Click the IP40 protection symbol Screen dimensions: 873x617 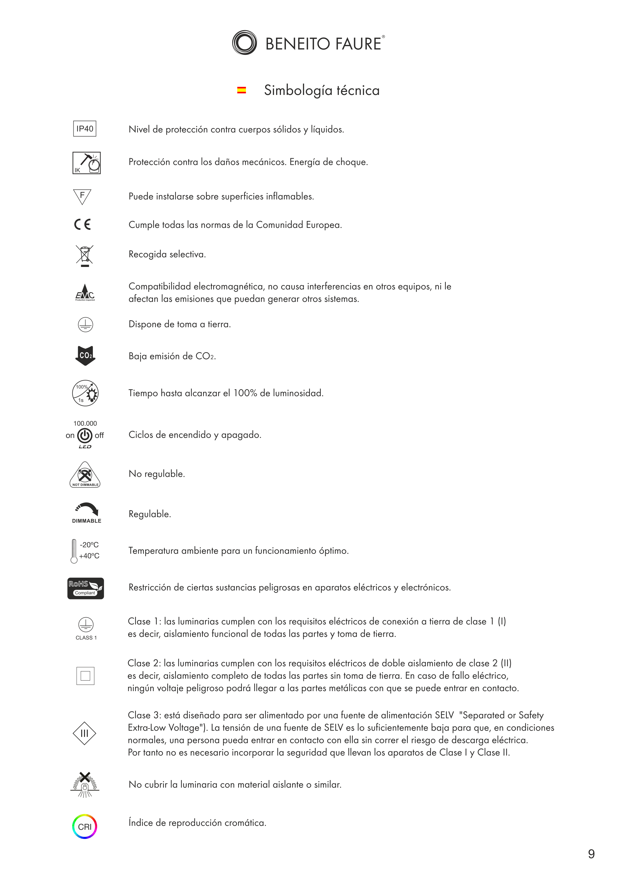pyautogui.click(x=85, y=129)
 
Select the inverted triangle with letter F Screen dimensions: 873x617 pyautogui.click(x=82, y=196)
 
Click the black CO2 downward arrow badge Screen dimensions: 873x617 pyautogui.click(x=85, y=355)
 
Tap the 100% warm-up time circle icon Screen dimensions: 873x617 pyautogui.click(x=85, y=393)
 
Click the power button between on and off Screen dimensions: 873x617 pyautogui.click(x=85, y=435)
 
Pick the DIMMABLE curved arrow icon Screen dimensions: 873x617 pyautogui.click(x=87, y=509)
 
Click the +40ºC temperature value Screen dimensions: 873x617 pyautogui.click(x=89, y=556)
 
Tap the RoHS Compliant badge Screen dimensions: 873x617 pyautogui.click(x=85, y=588)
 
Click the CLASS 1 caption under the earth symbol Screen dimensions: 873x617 pyautogui.click(x=86, y=638)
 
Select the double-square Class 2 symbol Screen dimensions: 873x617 pyautogui.click(x=85, y=676)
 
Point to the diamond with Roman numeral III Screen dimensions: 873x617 pyautogui.click(x=85, y=733)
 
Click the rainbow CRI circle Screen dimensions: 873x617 pyautogui.click(x=85, y=827)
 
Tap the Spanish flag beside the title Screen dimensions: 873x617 pyautogui.click(x=241, y=90)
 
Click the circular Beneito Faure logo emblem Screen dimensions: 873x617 pyautogui.click(x=244, y=43)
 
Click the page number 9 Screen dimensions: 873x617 pyautogui.click(x=591, y=854)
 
